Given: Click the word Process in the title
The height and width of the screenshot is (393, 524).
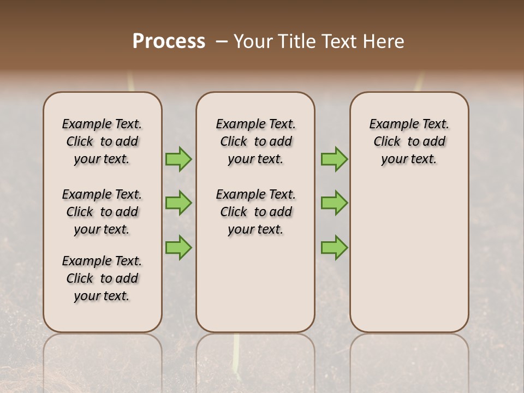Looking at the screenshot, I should pos(169,41).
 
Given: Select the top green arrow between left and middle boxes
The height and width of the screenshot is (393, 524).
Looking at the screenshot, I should pos(178,159).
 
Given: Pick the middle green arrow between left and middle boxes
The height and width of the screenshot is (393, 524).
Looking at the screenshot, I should pos(178,203).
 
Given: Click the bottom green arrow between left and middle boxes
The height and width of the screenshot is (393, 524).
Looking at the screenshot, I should pos(178,247).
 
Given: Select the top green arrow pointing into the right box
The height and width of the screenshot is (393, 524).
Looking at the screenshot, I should pos(334,159).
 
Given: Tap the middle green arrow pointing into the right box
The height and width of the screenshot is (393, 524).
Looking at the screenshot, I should pos(334,203).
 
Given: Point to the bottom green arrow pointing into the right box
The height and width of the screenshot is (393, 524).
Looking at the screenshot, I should pos(334,247).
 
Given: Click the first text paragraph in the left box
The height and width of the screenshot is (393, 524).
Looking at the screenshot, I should pos(102,141).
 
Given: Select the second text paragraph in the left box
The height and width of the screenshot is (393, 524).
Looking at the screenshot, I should pos(102,212).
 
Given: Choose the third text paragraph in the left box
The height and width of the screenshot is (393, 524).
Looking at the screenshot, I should pos(102,278).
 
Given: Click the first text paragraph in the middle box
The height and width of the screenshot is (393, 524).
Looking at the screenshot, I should pos(255,141).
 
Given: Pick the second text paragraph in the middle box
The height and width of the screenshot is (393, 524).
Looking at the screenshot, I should pos(255,212).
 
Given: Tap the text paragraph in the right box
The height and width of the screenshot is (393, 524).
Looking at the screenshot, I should pos(409,141).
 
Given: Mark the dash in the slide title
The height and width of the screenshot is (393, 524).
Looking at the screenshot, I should pos(222,41).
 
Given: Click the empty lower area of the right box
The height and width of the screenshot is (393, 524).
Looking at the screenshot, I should pos(409,257).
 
